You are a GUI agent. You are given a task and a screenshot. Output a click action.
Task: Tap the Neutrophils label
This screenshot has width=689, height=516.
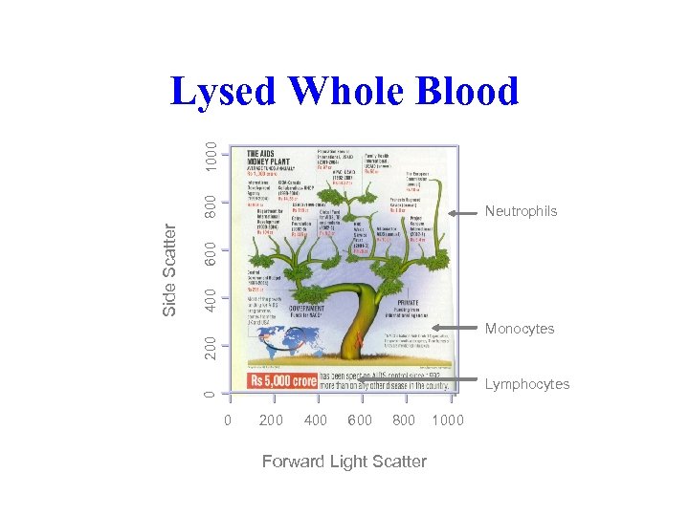tap(521, 211)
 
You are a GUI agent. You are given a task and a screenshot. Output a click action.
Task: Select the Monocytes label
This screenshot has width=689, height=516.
tap(520, 329)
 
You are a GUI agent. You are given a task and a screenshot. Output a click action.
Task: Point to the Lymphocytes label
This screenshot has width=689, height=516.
tap(527, 384)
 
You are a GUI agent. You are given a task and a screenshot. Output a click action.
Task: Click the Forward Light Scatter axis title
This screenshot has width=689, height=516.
tap(344, 462)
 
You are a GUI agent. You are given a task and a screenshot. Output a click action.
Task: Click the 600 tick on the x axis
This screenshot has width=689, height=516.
tap(360, 420)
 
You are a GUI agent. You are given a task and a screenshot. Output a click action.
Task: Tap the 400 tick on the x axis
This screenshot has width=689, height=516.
tap(315, 420)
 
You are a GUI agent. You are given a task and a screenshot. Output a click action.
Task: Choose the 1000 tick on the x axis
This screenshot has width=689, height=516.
tap(448, 420)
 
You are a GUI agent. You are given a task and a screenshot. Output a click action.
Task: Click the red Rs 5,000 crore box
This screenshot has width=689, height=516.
tap(283, 381)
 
